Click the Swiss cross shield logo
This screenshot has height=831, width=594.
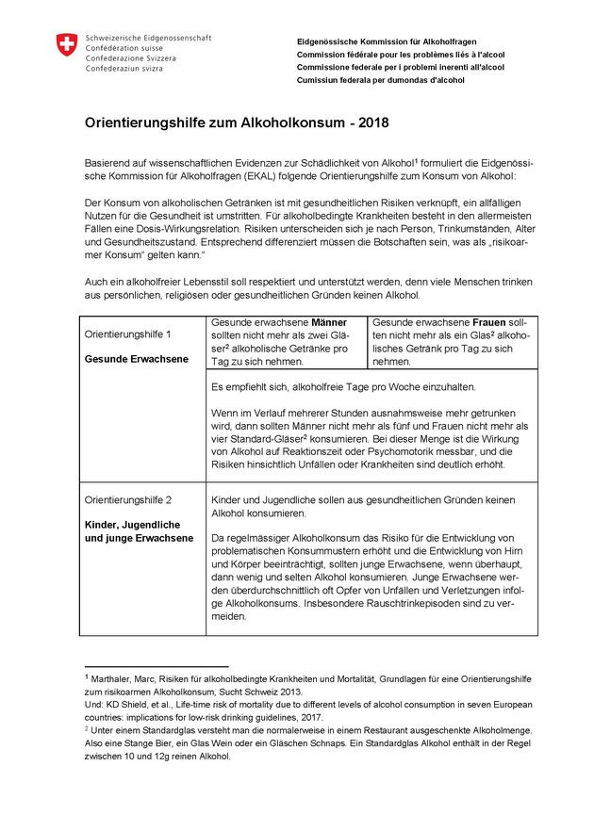click(66, 44)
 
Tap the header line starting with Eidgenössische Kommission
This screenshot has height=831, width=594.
click(387, 42)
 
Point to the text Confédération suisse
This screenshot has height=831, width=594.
click(124, 47)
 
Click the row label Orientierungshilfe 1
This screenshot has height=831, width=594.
click(128, 334)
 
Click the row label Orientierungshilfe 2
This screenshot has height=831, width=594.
click(128, 499)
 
